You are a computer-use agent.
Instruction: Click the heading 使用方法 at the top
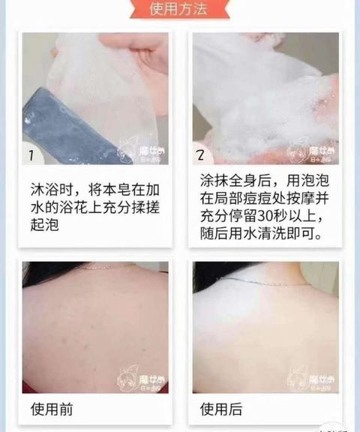coord(179,10)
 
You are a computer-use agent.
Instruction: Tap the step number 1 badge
coord(31,156)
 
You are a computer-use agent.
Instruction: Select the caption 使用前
coord(52,410)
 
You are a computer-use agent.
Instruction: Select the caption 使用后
coord(222,410)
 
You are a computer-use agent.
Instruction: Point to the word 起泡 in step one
coord(44,224)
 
